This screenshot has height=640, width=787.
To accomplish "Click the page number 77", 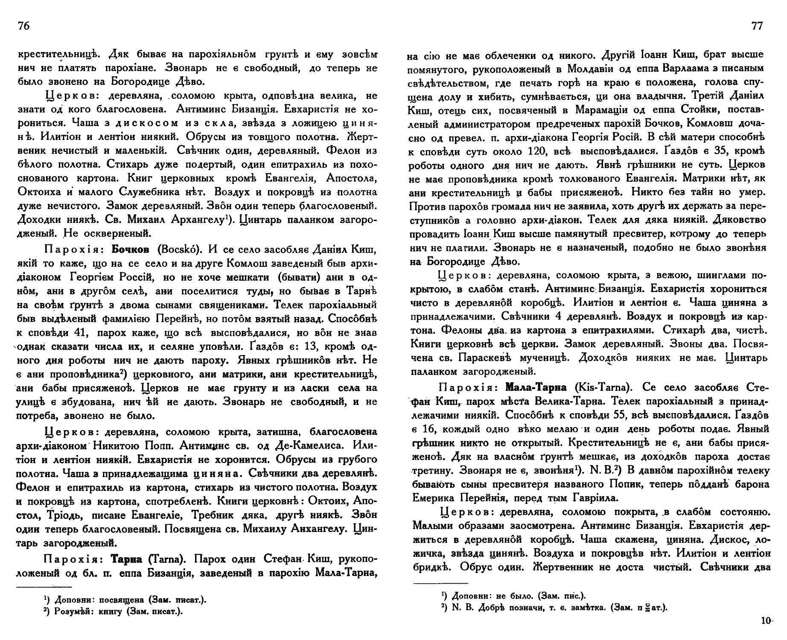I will [757, 26].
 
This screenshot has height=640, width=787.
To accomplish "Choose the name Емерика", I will [434, 498].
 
